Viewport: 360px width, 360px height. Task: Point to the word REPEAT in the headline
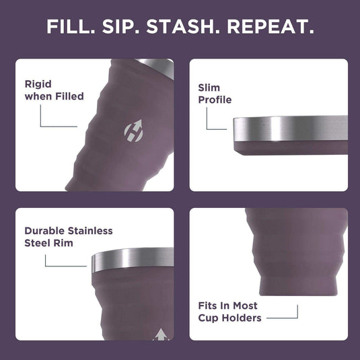[270, 28]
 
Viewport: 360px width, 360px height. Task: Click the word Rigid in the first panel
[38, 84]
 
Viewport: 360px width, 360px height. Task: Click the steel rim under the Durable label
[131, 259]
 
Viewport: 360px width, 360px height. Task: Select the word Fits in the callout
[209, 305]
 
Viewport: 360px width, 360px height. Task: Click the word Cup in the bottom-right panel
[209, 318]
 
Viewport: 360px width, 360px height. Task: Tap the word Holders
[242, 318]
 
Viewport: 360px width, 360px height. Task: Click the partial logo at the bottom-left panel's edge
[161, 334]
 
